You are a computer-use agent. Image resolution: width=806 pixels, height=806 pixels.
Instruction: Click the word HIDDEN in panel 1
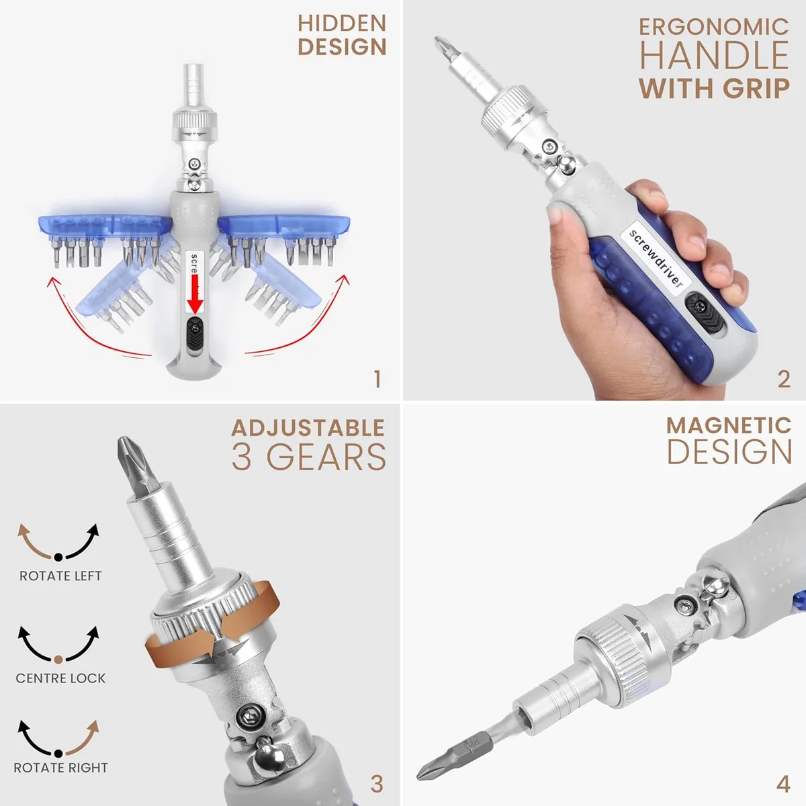coord(342,24)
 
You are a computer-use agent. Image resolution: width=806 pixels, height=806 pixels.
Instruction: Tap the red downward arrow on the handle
coord(195,296)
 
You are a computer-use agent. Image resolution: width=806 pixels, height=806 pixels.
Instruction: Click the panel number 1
coord(377,379)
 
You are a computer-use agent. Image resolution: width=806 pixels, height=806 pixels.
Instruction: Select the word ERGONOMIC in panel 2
coord(714,27)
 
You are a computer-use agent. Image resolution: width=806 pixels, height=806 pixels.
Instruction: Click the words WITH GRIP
coord(714,88)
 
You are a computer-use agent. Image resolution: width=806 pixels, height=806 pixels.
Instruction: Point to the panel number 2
coord(784,379)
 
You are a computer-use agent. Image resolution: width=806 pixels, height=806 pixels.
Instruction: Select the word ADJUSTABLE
coord(308,428)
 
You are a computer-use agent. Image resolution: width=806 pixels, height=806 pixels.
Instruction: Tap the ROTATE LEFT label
coord(60,576)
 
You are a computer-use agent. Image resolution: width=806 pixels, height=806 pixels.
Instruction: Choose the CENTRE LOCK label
coord(60,678)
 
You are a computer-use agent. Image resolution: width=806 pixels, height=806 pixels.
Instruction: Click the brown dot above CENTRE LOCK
coord(58,660)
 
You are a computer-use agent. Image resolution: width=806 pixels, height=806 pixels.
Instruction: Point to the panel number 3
coord(377,784)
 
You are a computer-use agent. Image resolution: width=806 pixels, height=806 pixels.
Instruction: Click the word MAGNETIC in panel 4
coord(729,426)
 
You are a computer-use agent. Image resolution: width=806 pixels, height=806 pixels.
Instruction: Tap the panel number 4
coord(783,784)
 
